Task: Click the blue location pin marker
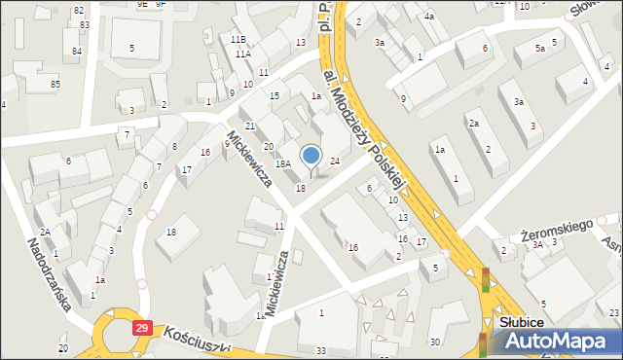[x=311, y=156]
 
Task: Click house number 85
[x=55, y=85]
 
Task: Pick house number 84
[x=77, y=51]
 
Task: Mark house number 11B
[x=238, y=39]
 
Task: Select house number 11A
[x=243, y=54]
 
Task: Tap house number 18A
[x=283, y=164]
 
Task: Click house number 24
[x=334, y=161]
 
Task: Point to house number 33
[x=321, y=350]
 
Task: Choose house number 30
[x=435, y=342]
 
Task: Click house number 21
[x=250, y=127]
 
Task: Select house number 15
[x=275, y=95]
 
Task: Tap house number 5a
[x=539, y=48]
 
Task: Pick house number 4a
[x=429, y=17]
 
